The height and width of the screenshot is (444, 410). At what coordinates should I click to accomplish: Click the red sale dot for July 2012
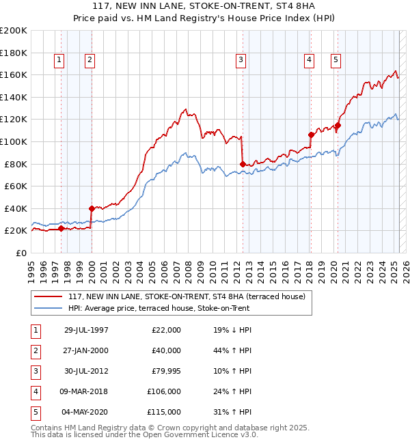[243, 164]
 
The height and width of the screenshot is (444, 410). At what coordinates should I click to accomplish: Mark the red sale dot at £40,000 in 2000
[91, 208]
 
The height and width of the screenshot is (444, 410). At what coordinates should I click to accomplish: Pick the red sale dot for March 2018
[311, 135]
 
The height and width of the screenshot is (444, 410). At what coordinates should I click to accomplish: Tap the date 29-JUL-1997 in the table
[86, 330]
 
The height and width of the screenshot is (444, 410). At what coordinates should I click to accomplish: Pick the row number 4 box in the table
[34, 391]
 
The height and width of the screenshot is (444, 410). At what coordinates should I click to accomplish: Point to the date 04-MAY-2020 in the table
[86, 412]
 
